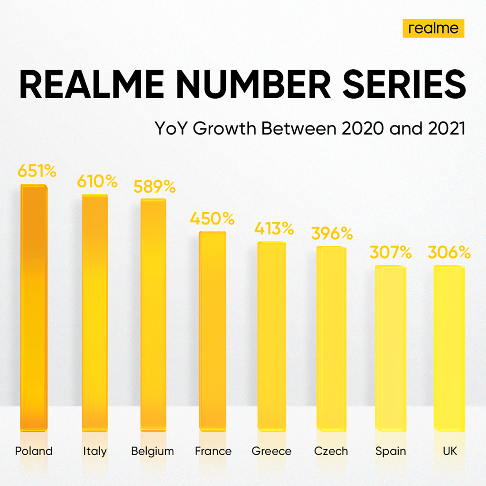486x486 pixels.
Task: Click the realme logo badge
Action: point(433,28)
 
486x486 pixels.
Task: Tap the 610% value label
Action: point(97,181)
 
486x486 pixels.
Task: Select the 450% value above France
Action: point(212,219)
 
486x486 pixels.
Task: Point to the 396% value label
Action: point(332,234)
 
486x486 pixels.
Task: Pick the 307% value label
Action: point(391,252)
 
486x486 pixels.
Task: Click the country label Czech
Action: point(331,451)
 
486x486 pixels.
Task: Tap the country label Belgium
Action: point(152,451)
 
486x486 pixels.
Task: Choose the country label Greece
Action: point(271,451)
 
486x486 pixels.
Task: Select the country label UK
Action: point(449,451)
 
